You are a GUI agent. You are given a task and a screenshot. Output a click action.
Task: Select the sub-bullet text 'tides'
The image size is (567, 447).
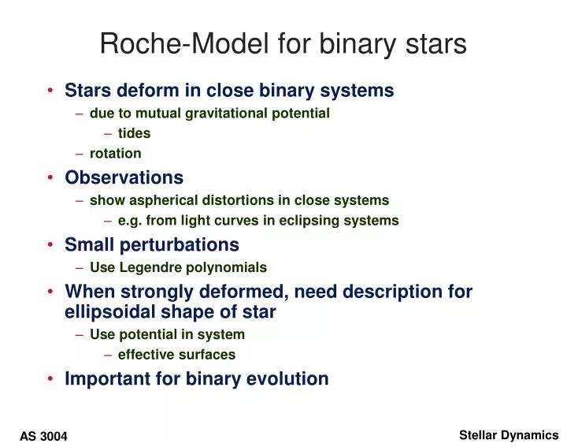tap(134, 133)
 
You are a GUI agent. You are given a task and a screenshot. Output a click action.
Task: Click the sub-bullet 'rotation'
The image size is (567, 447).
tap(115, 154)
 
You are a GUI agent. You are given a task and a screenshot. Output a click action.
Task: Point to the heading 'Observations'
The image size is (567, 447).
tap(124, 177)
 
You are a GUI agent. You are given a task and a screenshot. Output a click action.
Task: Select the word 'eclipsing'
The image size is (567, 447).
tap(316, 221)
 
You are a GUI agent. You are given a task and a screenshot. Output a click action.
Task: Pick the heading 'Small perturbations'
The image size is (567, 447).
tap(151, 244)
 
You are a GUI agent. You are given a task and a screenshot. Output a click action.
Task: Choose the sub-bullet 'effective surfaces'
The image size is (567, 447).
tap(176, 355)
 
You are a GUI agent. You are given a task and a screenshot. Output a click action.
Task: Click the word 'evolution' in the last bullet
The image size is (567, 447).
tap(288, 378)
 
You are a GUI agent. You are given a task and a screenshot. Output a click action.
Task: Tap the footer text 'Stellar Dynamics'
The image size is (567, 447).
tap(508, 434)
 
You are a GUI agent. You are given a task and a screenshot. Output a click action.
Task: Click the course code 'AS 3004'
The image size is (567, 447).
tap(44, 436)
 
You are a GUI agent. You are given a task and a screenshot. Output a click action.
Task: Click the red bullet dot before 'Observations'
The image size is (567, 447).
tap(51, 178)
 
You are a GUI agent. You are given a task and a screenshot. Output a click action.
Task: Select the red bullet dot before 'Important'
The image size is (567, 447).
tap(51, 379)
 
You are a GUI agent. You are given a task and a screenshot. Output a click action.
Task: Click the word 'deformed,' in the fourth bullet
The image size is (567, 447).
tap(250, 292)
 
